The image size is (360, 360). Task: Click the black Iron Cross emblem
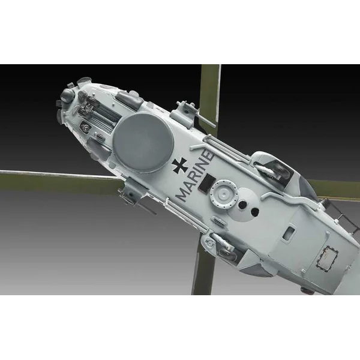point(180,166)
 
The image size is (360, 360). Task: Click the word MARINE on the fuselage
point(195,175)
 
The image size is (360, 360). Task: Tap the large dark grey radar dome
point(143,142)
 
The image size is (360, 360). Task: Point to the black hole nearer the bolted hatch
point(242,204)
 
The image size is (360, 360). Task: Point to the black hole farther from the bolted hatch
point(255,212)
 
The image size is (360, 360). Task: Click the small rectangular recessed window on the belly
point(289,233)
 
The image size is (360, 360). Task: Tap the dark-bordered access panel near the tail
point(327,257)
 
